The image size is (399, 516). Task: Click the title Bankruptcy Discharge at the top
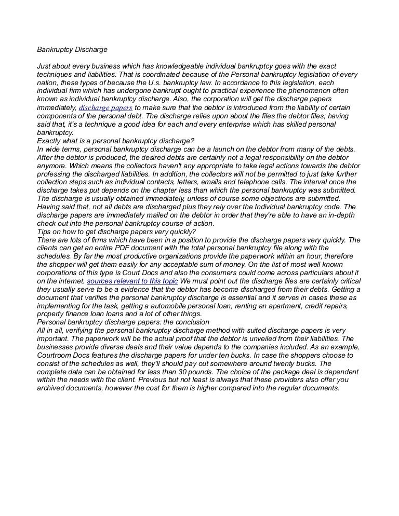[x=72, y=50]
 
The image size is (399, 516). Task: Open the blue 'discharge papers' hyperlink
[x=105, y=108]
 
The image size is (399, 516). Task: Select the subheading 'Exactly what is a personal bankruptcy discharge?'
[x=115, y=141]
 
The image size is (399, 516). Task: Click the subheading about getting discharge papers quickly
[x=116, y=232]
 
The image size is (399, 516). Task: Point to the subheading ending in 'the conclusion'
[x=123, y=322]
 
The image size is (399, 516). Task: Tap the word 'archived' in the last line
[x=52, y=388]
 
